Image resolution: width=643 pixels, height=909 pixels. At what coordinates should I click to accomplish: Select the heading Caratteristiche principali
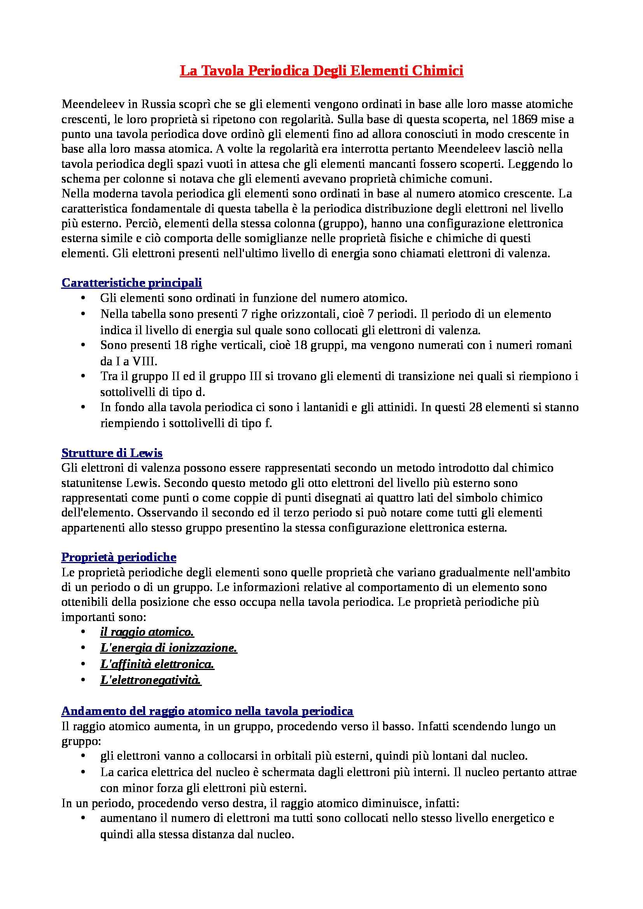tap(131, 283)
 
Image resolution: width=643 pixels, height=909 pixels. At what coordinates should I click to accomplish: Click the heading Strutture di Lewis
tap(112, 453)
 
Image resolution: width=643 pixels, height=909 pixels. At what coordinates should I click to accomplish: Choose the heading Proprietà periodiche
tap(119, 557)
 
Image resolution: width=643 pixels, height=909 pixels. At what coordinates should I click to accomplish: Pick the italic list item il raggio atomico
tap(147, 632)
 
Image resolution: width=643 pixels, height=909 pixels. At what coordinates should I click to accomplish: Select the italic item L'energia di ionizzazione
tap(169, 648)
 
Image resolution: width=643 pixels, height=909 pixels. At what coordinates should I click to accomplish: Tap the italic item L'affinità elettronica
tap(157, 664)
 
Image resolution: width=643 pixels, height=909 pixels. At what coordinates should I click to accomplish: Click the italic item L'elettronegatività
tap(151, 680)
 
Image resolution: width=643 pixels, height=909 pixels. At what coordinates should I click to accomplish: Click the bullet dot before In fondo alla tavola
tap(83, 407)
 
